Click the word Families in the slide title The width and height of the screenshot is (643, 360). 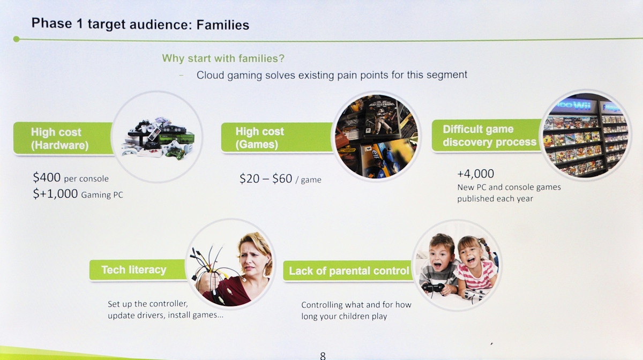tap(222, 25)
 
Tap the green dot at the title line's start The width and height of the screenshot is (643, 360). tap(17, 39)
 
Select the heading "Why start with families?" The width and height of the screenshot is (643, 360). tap(223, 58)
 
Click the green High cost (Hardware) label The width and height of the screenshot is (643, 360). tap(63, 138)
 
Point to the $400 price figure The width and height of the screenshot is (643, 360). tap(47, 177)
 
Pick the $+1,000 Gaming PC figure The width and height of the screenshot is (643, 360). tap(78, 194)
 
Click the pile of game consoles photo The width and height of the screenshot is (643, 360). tap(158, 138)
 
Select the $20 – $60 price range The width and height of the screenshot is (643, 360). tap(266, 178)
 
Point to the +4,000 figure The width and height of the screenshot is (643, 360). tap(475, 174)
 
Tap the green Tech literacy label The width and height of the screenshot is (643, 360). tap(138, 270)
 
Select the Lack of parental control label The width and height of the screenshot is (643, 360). tap(348, 271)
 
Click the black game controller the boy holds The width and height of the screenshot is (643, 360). tap(433, 288)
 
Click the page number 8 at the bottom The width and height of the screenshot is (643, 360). tap(323, 356)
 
